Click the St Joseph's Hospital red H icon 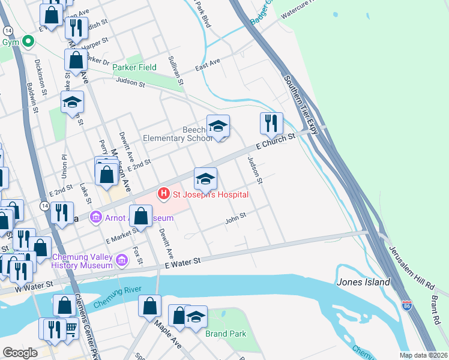[163, 194]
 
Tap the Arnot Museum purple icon [95, 217]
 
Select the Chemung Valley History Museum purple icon [122, 260]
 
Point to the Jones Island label [364, 282]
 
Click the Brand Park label [224, 334]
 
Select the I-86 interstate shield [408, 305]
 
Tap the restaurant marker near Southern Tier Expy [271, 123]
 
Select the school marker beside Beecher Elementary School [218, 125]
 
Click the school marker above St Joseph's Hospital [205, 178]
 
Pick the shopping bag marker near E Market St [141, 215]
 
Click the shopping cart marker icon [71, 328]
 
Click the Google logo [20, 353]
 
